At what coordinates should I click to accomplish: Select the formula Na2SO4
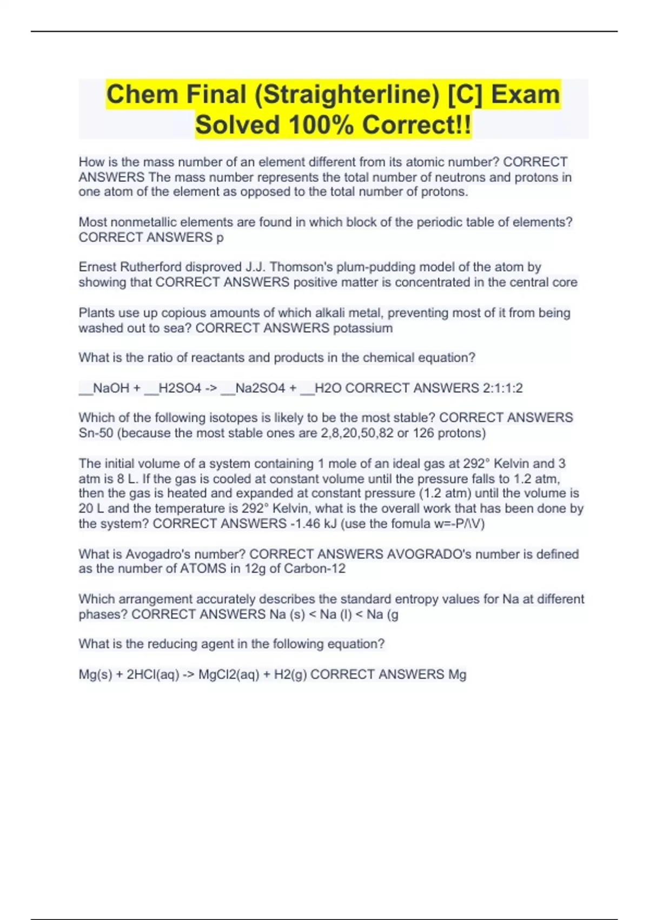tap(260, 388)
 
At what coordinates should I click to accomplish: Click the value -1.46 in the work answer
tap(305, 523)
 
